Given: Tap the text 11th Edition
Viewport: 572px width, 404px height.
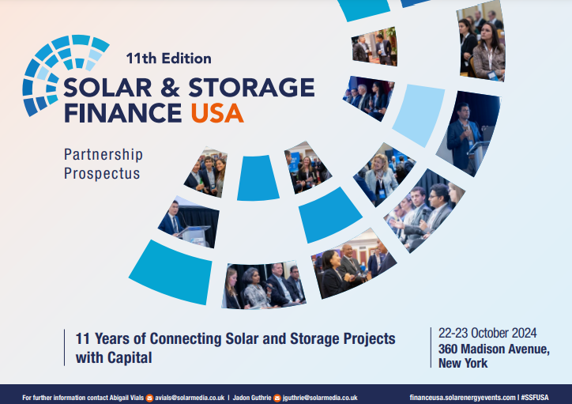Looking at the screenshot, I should [168, 58].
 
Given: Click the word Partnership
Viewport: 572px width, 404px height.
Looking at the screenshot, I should [103, 155].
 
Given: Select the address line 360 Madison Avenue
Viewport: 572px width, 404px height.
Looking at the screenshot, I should [493, 349].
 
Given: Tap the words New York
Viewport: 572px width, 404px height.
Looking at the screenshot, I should [463, 364].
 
